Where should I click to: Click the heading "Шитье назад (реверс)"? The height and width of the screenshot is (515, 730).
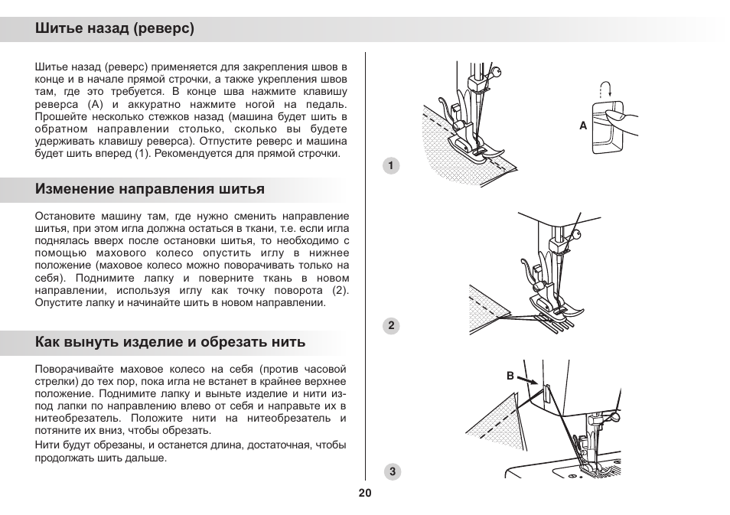[x=114, y=30]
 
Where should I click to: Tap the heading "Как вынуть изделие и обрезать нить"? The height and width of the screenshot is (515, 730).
[x=170, y=342]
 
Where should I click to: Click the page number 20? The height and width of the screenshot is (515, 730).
[x=364, y=493]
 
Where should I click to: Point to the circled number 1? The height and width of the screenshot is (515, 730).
[x=391, y=166]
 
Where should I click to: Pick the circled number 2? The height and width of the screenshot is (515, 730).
[x=391, y=325]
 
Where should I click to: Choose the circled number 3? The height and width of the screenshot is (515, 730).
[x=391, y=471]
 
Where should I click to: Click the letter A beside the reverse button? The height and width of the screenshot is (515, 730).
[x=582, y=126]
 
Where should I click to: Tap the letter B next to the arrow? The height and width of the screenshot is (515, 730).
[x=509, y=375]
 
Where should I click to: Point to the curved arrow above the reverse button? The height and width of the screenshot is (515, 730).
[x=608, y=86]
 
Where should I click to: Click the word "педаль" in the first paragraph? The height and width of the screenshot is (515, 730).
[x=328, y=103]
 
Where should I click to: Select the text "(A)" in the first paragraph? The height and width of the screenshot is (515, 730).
[x=95, y=103]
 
